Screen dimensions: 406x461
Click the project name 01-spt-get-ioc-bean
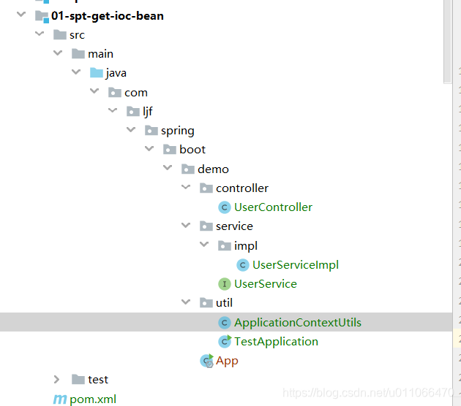click(x=107, y=15)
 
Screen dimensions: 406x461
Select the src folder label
click(x=77, y=35)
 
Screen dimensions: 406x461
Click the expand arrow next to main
click(x=58, y=54)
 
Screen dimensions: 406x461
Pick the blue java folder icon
click(x=96, y=73)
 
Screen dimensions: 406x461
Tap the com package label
click(x=136, y=92)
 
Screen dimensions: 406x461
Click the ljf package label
click(x=148, y=112)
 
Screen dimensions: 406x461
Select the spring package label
click(x=178, y=131)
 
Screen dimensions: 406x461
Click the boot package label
click(x=192, y=150)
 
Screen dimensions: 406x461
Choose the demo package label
click(x=213, y=169)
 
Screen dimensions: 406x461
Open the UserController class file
click(x=273, y=207)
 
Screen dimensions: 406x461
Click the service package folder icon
click(x=206, y=226)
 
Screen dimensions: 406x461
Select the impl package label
click(x=246, y=245)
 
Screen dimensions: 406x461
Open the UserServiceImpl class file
click(x=295, y=265)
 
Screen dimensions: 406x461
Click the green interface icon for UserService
click(x=225, y=284)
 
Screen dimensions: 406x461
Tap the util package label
click(x=224, y=303)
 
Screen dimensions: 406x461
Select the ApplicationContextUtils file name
click(x=297, y=322)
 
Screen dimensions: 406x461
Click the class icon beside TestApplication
click(x=225, y=341)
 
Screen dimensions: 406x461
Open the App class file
click(x=227, y=361)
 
